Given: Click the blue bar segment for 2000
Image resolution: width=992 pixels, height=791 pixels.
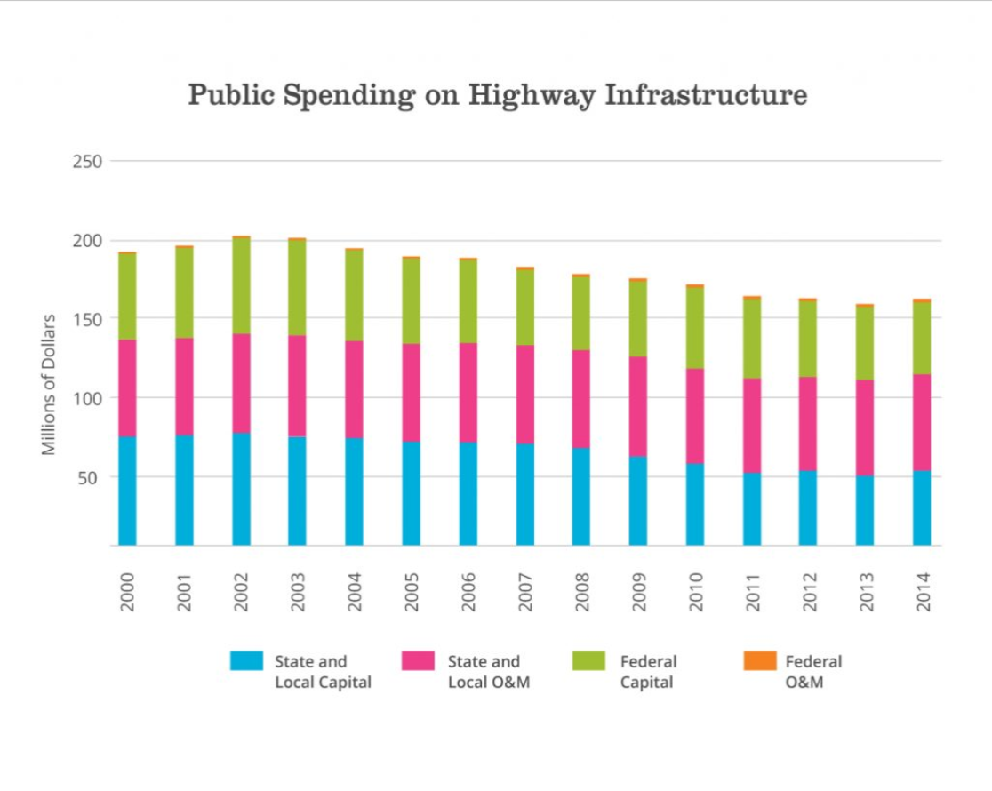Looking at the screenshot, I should [x=127, y=491].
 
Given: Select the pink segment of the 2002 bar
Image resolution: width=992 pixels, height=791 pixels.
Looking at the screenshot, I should [x=241, y=383].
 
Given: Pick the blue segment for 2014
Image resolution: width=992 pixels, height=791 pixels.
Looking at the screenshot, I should [x=922, y=507].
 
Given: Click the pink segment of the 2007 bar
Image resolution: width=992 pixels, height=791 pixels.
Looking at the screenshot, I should [x=524, y=394].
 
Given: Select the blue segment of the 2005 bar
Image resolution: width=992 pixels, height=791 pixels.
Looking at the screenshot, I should [x=411, y=493].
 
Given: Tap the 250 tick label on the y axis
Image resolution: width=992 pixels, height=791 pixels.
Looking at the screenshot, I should [x=90, y=162].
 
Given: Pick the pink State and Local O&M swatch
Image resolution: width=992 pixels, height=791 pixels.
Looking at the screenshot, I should [x=418, y=660].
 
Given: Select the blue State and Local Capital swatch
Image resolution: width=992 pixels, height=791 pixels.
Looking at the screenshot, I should [x=246, y=660].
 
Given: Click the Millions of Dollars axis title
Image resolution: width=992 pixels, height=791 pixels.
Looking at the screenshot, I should [x=50, y=384].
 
